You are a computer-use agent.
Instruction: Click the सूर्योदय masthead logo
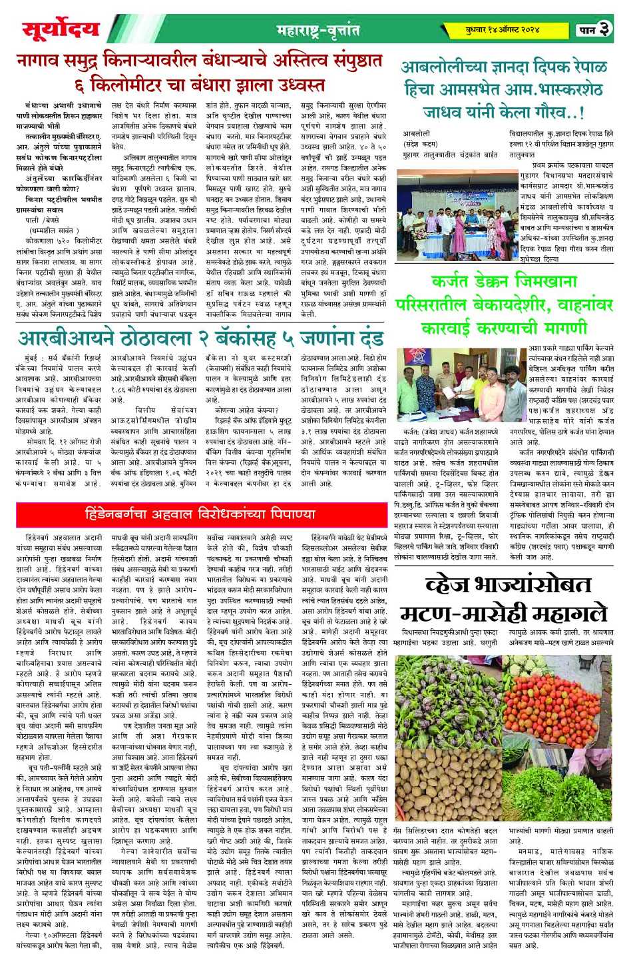pos(61,30)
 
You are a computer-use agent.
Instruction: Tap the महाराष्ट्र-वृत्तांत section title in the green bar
pos(318,31)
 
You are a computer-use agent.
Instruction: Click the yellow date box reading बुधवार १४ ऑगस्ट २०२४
pos(503,30)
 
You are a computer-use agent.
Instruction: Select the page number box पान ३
pos(594,29)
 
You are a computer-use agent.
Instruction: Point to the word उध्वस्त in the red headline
pos(294,85)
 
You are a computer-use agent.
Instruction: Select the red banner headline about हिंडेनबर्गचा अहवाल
pos(200,514)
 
